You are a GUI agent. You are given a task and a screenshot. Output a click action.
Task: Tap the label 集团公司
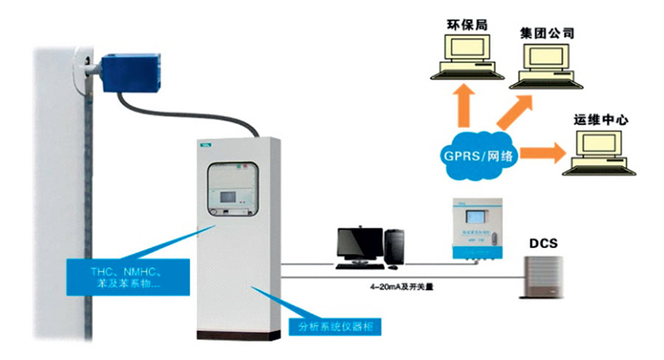[547, 32]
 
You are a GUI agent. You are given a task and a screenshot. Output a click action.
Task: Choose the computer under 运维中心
[595, 151]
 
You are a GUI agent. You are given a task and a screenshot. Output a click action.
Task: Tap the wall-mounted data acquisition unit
[474, 228]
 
